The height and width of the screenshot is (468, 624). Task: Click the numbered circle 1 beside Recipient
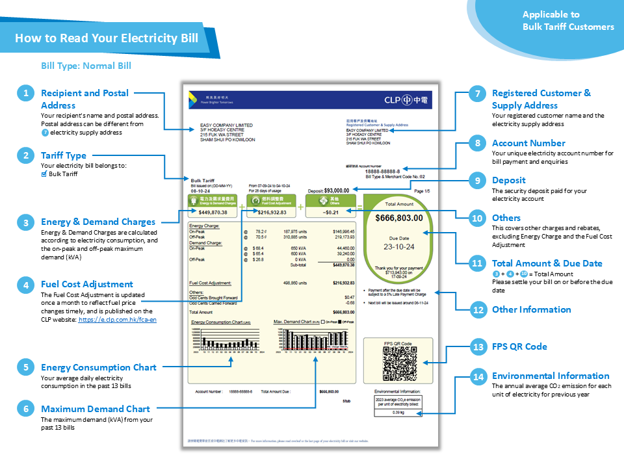(25, 94)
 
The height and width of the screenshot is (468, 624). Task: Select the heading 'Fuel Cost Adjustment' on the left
(87, 284)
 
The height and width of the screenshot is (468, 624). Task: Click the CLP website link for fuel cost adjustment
(118, 320)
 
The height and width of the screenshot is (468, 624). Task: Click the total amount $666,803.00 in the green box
(399, 218)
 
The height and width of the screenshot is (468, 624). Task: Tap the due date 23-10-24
(399, 247)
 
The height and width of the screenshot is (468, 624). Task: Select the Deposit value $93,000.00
(337, 190)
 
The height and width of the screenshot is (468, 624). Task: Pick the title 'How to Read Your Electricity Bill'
(106, 38)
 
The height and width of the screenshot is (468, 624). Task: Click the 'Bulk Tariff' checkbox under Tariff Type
(44, 174)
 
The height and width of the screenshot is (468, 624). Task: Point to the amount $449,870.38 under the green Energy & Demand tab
(213, 212)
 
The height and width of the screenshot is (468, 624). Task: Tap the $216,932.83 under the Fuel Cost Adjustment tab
(272, 212)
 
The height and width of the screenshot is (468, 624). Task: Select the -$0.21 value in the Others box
(331, 212)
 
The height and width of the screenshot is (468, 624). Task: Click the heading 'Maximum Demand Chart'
(95, 409)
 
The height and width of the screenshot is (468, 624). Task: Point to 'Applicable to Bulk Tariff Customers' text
(567, 21)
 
